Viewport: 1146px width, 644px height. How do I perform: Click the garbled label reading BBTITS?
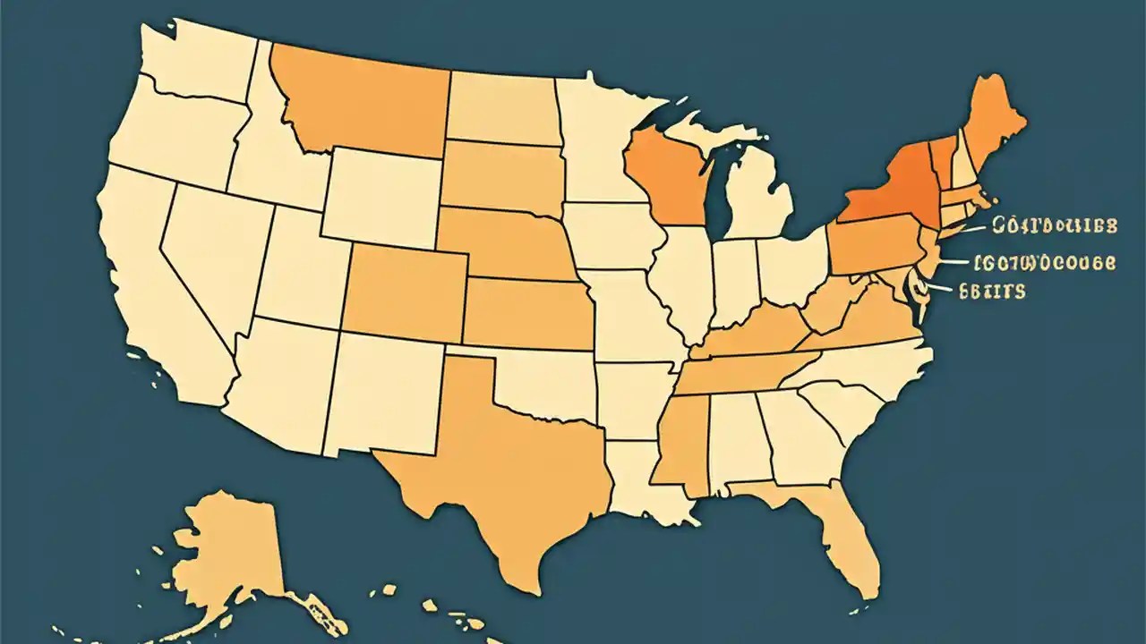pyautogui.click(x=991, y=291)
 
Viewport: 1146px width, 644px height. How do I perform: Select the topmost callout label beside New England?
pyautogui.click(x=1055, y=225)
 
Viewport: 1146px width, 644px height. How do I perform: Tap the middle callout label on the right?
pyautogui.click(x=1045, y=263)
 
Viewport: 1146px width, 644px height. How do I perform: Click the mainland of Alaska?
pyautogui.click(x=224, y=555)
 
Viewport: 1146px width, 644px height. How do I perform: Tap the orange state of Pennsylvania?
pyautogui.click(x=873, y=246)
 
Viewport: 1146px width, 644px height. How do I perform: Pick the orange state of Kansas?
pyautogui.click(x=528, y=313)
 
